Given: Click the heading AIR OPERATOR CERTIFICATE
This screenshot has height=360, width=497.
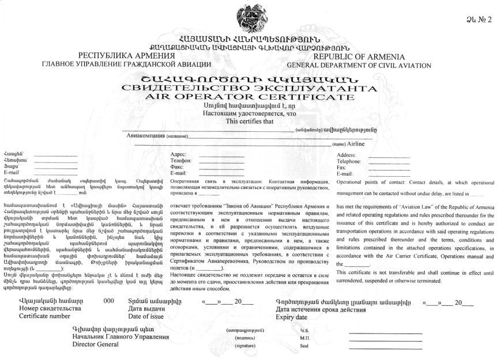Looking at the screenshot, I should (248, 97).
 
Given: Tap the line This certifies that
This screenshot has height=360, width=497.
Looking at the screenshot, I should (248, 122).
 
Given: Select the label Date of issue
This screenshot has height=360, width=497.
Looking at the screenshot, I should (148, 316).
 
